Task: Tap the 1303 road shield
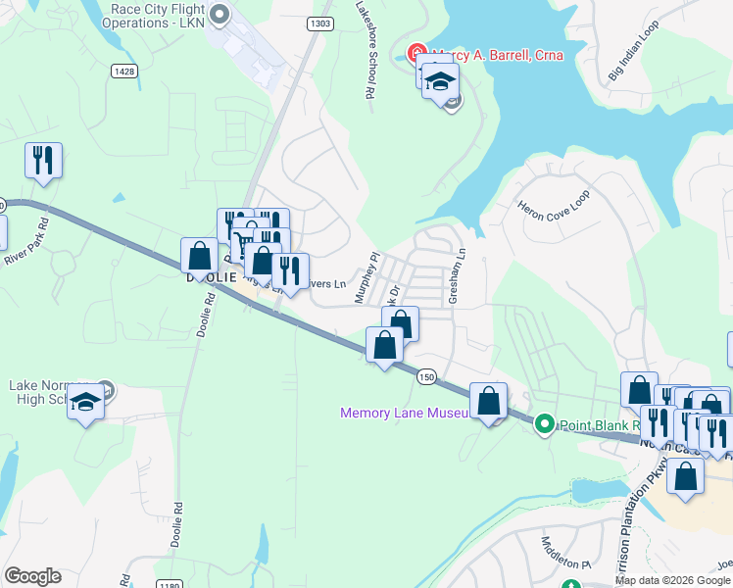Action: tap(318, 24)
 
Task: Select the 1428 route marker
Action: tap(123, 71)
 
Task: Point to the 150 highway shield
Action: tap(425, 376)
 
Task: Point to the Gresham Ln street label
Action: tap(456, 275)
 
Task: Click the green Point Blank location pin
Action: tap(544, 424)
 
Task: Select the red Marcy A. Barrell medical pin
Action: tap(415, 54)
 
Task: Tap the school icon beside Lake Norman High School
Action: tap(86, 401)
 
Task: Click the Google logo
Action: tap(32, 576)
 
